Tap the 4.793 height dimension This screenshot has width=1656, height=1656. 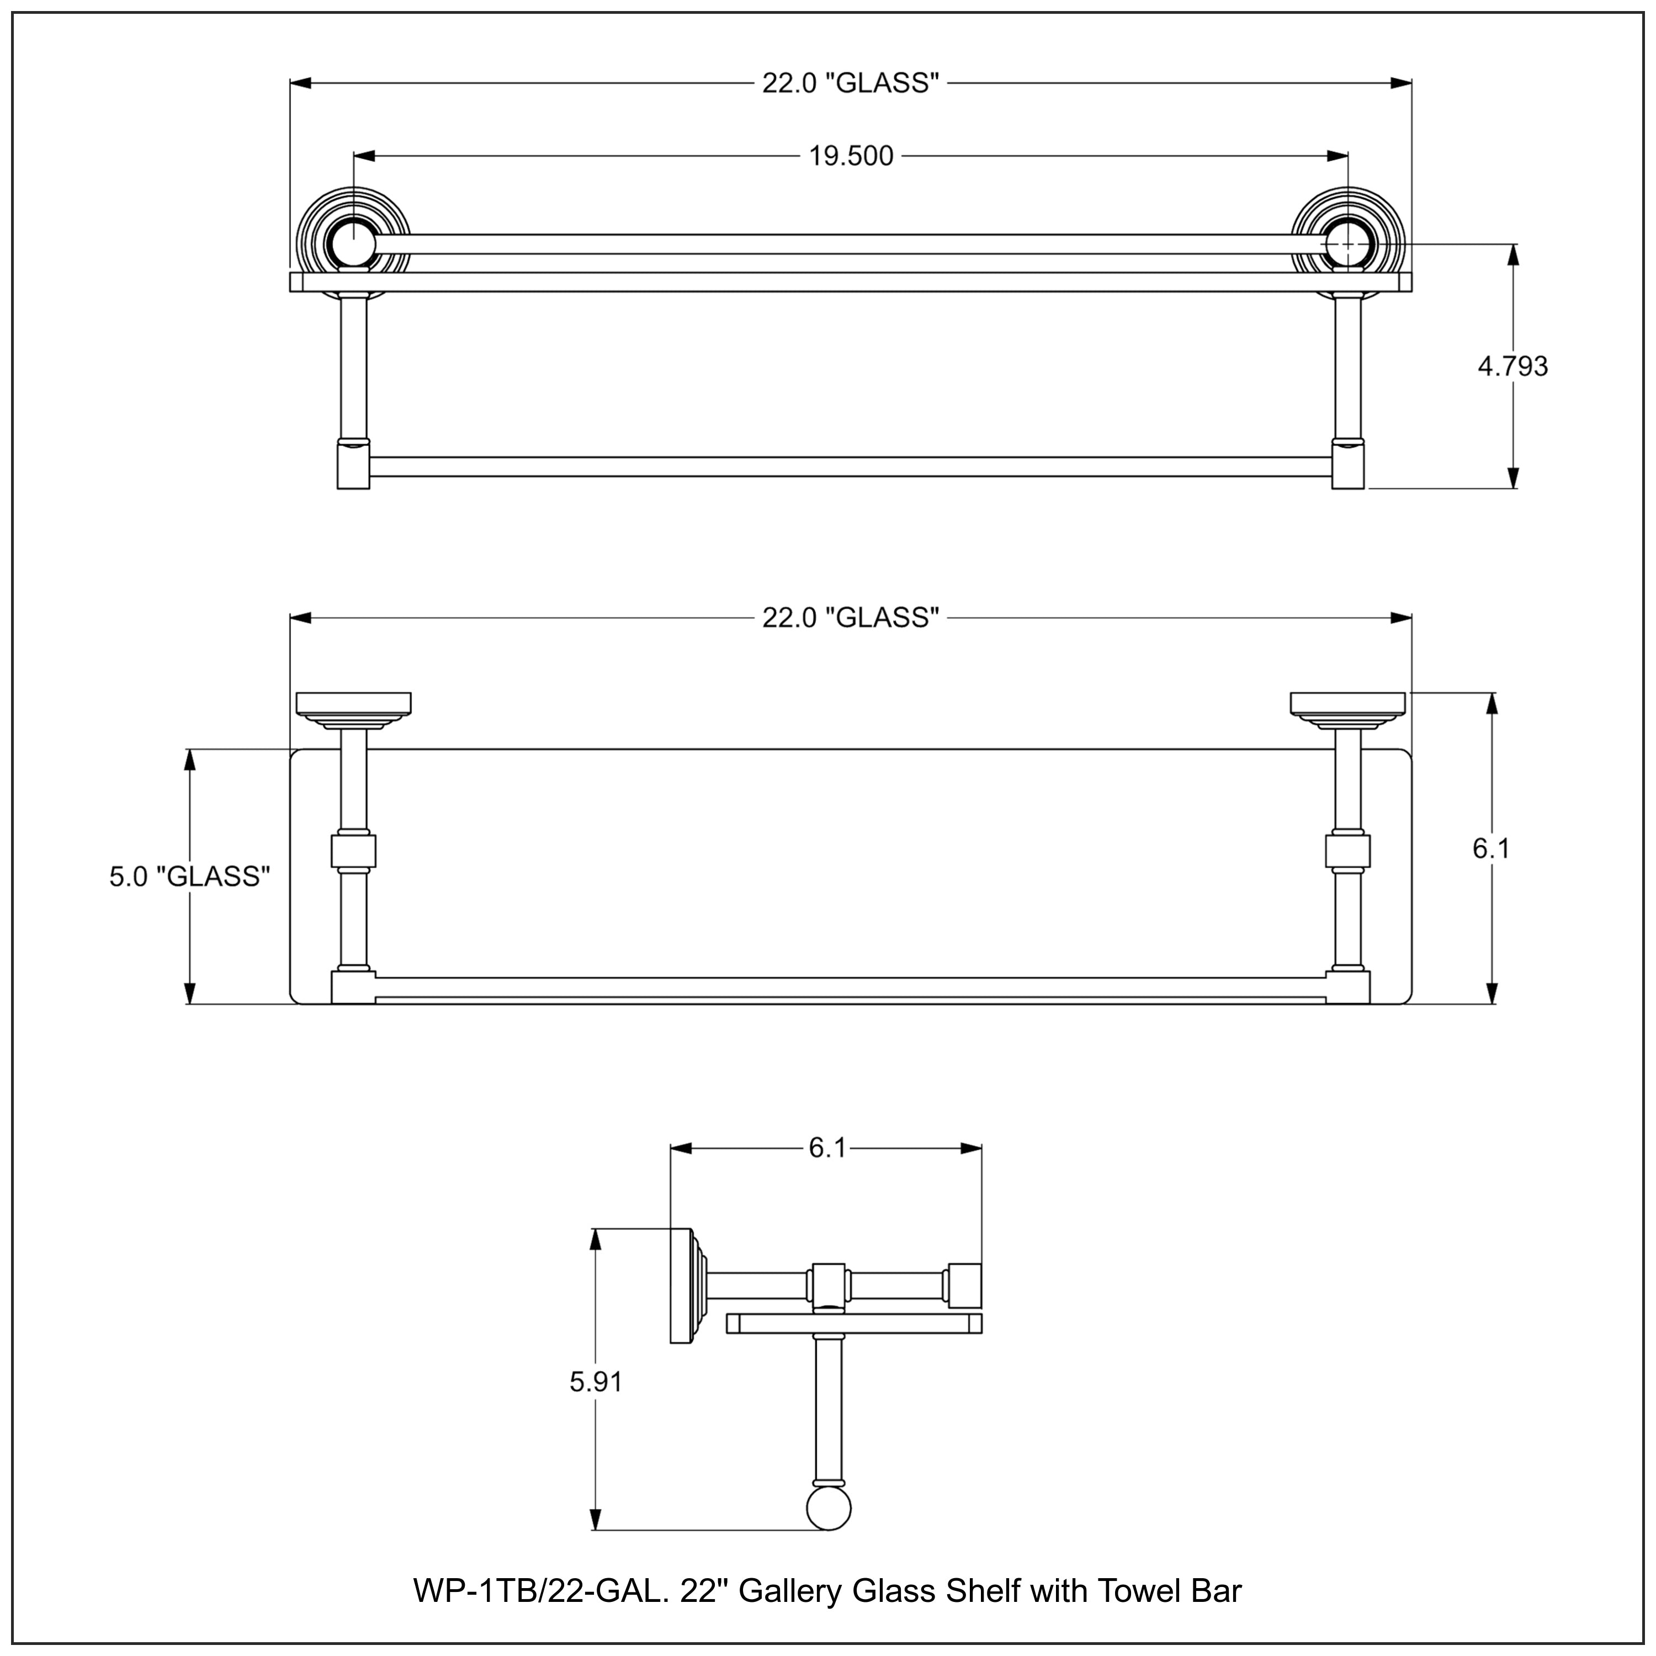click(x=1513, y=366)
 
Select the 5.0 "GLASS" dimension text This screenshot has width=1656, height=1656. click(x=189, y=876)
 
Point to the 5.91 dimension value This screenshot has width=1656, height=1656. click(x=596, y=1381)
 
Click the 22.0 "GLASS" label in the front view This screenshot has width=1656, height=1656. click(x=850, y=83)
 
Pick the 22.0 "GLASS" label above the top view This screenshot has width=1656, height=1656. click(x=850, y=617)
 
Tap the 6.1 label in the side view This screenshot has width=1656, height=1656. click(x=827, y=1148)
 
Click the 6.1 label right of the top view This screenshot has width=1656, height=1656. click(x=1492, y=848)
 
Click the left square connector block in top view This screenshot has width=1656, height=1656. click(x=353, y=852)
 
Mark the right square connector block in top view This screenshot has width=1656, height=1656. click(x=1347, y=851)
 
